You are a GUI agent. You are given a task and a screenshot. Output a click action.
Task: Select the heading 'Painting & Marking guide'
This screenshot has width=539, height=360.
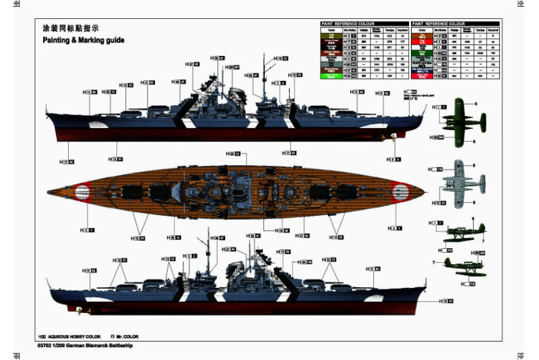coord(84,40)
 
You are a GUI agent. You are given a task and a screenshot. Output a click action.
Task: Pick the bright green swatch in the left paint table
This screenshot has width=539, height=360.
coord(331,76)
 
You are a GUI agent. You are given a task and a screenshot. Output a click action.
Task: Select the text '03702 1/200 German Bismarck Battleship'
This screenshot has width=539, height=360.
coord(86,345)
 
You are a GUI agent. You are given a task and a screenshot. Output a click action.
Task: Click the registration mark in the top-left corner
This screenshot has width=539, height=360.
coord(15,5)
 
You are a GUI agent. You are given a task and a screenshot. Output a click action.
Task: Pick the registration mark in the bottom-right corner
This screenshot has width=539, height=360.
coord(521,355)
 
